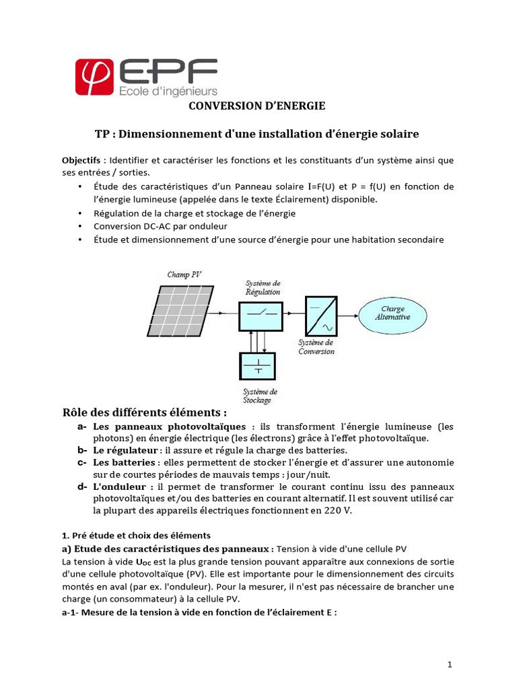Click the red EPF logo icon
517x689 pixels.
click(x=96, y=77)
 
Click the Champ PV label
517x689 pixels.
click(x=184, y=275)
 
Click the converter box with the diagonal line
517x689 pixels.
click(x=321, y=316)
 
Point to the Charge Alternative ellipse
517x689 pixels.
click(x=392, y=314)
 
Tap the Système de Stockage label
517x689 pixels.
click(x=260, y=396)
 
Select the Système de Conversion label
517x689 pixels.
click(x=316, y=347)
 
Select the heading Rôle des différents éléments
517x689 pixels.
click(x=145, y=412)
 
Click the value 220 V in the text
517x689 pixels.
click(x=339, y=510)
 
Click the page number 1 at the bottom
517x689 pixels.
click(x=450, y=665)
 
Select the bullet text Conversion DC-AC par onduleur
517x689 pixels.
click(x=151, y=226)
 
